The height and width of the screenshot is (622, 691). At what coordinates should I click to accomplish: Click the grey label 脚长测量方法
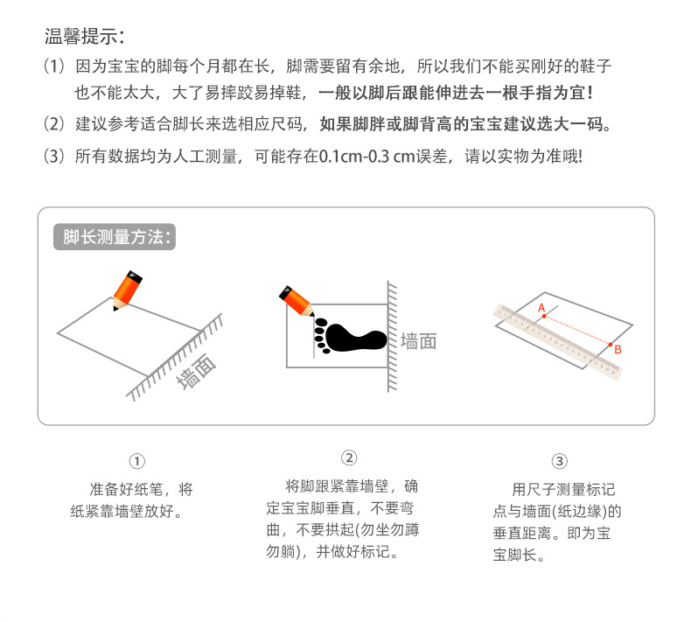(x=118, y=237)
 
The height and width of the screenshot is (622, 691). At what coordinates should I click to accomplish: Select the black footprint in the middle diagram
(x=348, y=335)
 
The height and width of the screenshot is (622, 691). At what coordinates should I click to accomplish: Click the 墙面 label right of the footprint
(x=418, y=341)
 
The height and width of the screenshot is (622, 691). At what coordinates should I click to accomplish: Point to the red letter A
(x=541, y=308)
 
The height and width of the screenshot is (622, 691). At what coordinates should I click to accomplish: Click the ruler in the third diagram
(x=560, y=341)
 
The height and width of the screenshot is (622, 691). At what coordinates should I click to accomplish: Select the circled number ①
(x=136, y=461)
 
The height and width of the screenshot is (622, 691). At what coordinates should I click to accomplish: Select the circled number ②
(x=348, y=458)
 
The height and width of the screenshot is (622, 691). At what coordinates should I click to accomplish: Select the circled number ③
(x=560, y=461)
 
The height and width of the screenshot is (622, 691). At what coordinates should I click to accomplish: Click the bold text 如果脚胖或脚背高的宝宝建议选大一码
(x=464, y=123)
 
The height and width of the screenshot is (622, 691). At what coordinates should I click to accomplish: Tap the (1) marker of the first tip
(x=54, y=66)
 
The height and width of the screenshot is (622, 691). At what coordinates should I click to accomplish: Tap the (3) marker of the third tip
(x=54, y=157)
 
